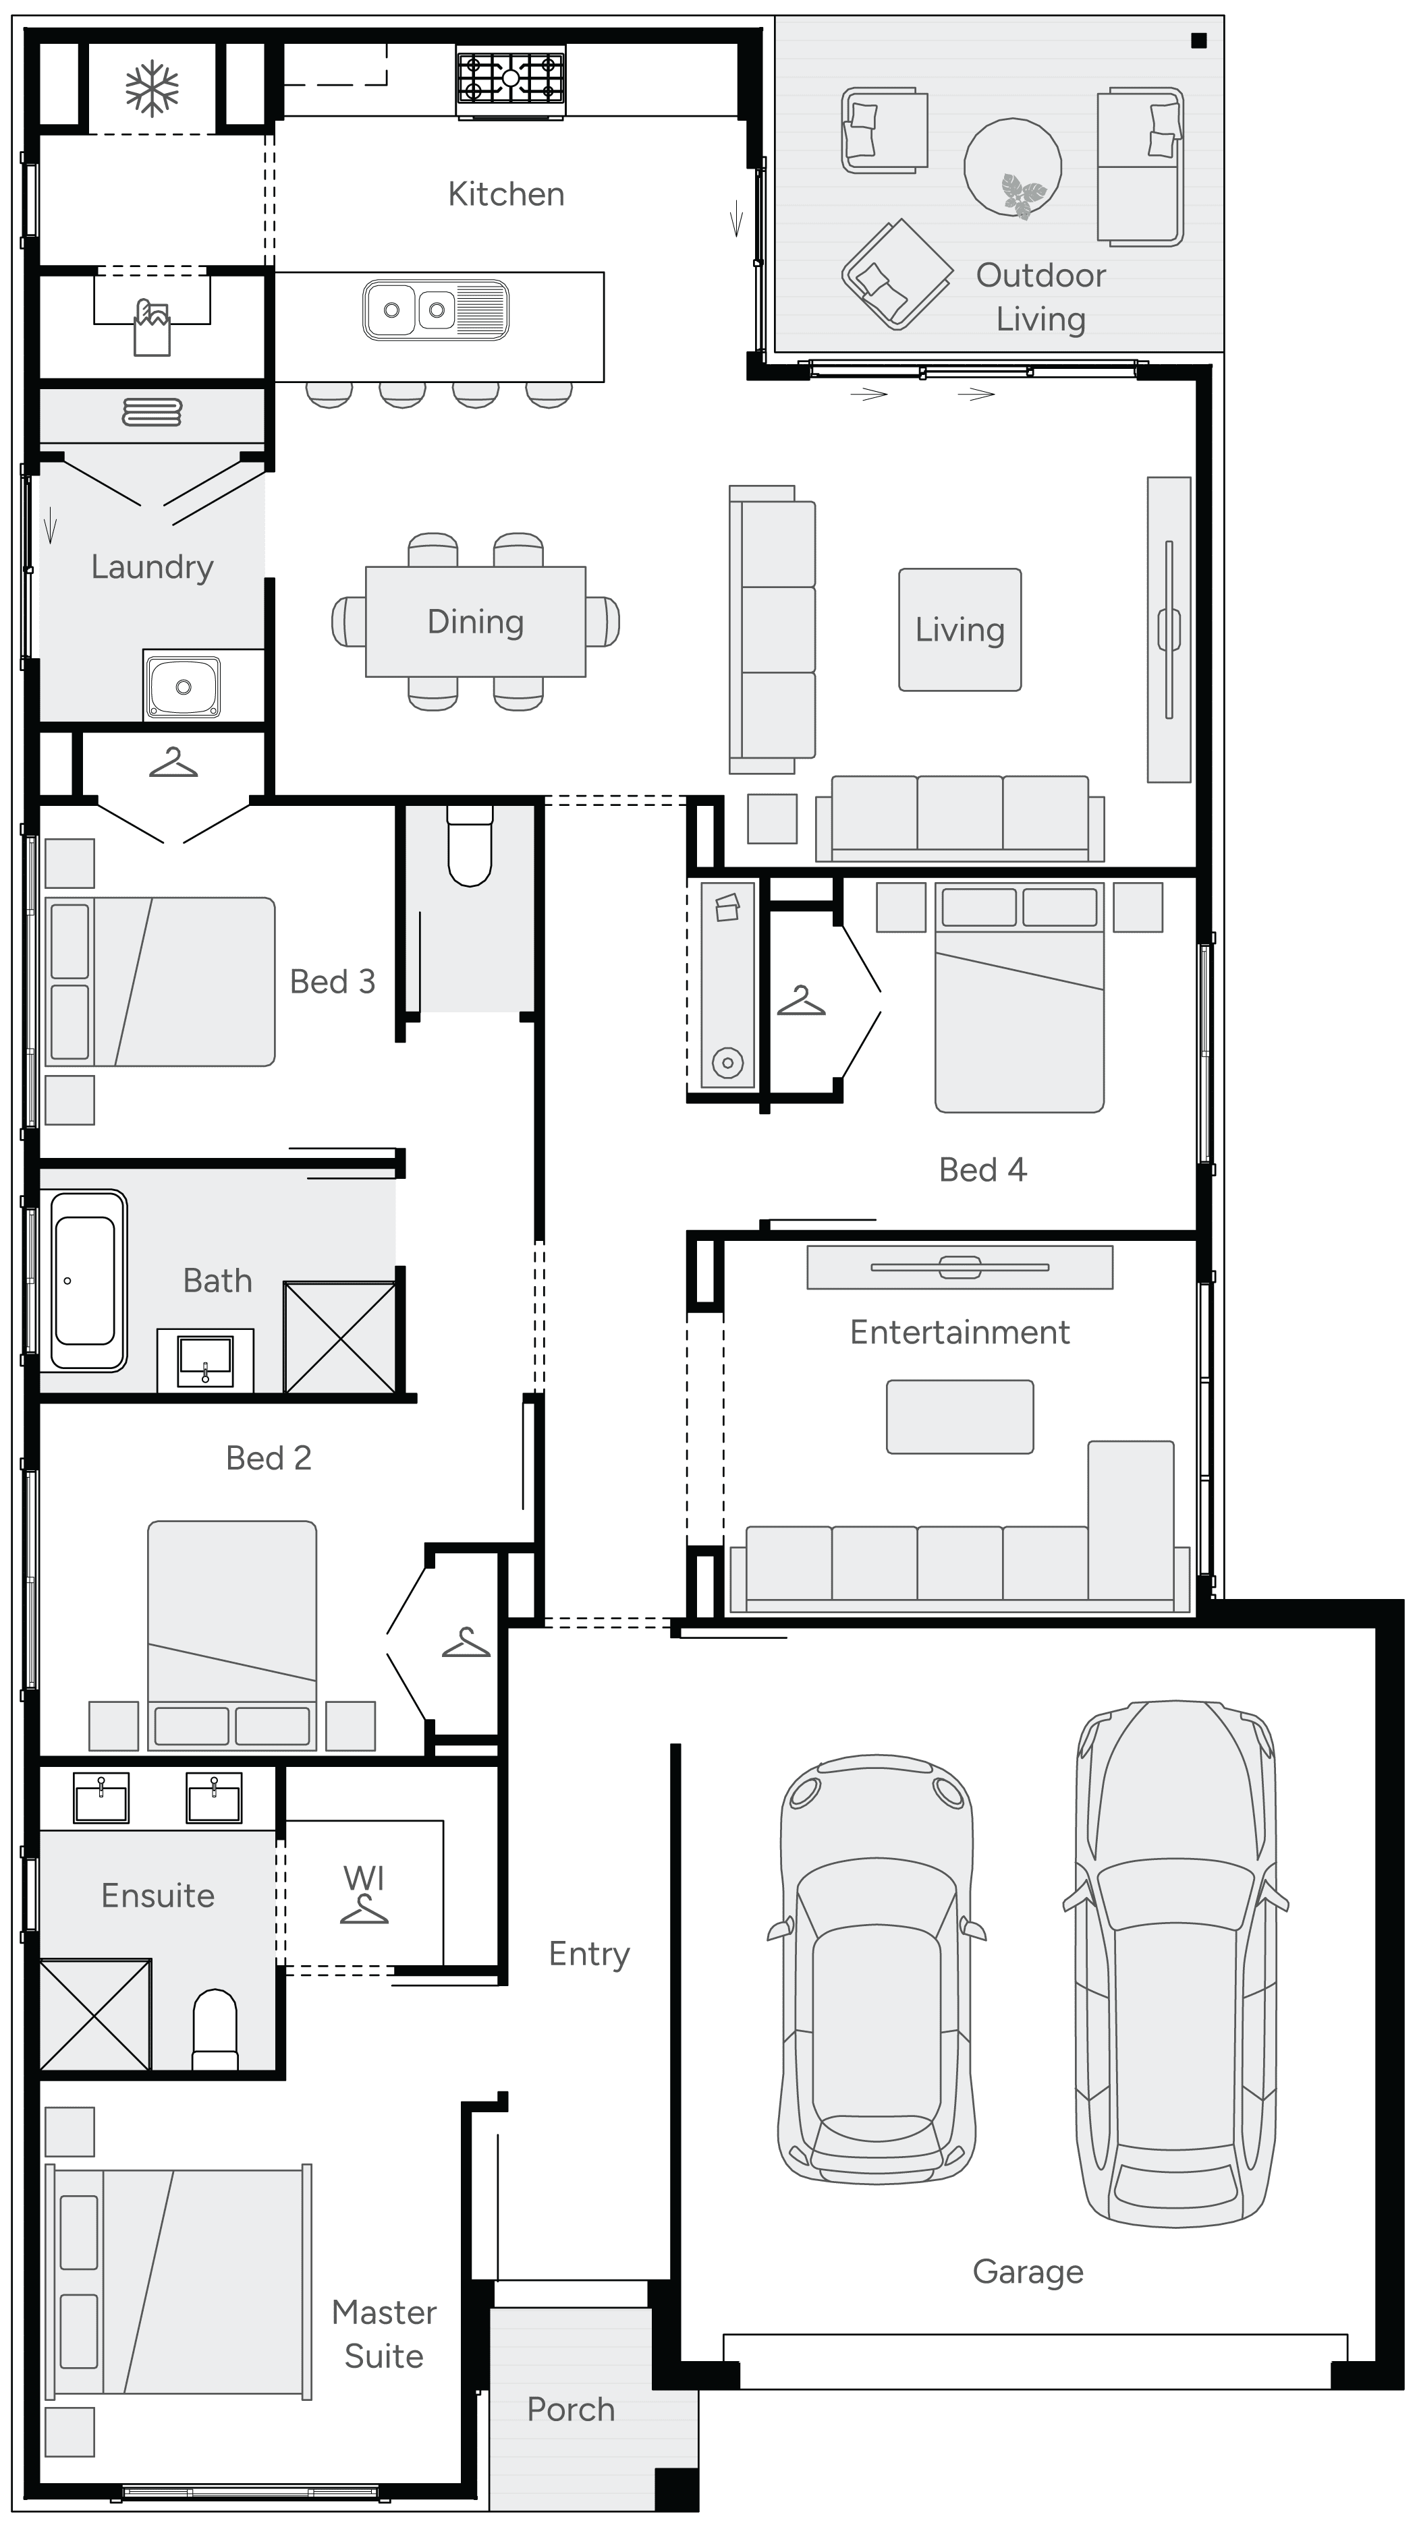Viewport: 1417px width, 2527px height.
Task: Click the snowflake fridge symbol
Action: (152, 88)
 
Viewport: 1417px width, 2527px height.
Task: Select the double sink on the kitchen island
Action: (436, 310)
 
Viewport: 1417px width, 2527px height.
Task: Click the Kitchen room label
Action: (505, 194)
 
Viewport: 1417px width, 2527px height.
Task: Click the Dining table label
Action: (475, 622)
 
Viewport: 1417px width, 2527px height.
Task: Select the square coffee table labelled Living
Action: (960, 630)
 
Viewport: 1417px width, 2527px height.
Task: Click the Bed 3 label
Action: (333, 982)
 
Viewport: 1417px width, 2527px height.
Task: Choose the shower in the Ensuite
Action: (95, 2014)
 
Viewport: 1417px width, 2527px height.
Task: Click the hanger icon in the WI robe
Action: (364, 1909)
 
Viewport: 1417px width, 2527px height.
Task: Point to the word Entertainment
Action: (959, 1332)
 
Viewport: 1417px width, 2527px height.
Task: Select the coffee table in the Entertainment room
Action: (960, 1416)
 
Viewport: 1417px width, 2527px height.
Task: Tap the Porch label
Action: (570, 2409)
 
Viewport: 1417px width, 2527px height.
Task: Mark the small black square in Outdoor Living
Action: (1198, 41)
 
